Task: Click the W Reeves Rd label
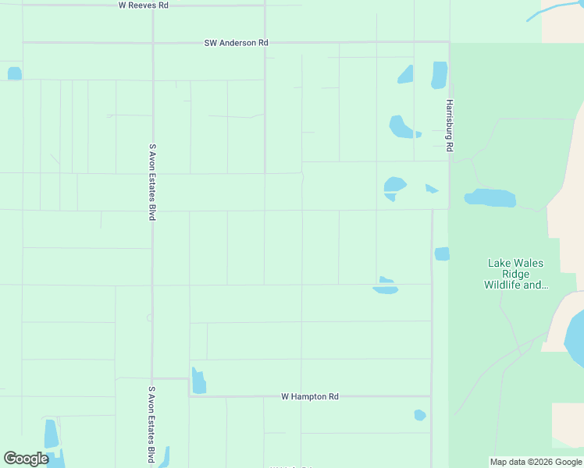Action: tap(143, 5)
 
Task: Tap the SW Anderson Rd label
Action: tap(237, 43)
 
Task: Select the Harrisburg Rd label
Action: tap(450, 126)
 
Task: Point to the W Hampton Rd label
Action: tap(310, 397)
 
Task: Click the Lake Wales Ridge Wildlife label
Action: tap(515, 275)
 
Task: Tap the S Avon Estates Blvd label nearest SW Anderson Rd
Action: tap(152, 181)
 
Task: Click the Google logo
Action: tap(26, 459)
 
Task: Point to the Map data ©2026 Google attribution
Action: tap(536, 462)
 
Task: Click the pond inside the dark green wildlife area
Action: tap(490, 197)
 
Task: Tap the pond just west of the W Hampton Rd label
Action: tap(198, 381)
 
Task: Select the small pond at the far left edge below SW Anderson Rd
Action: tap(14, 73)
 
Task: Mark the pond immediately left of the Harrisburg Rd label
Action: tap(439, 74)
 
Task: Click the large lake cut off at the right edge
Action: tap(575, 336)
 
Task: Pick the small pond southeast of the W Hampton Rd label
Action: tap(420, 415)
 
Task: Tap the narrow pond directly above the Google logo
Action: tap(52, 434)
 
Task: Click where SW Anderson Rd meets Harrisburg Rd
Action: tap(449, 42)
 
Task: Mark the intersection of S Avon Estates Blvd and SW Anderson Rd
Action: tap(152, 42)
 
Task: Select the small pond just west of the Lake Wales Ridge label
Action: tap(442, 253)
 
